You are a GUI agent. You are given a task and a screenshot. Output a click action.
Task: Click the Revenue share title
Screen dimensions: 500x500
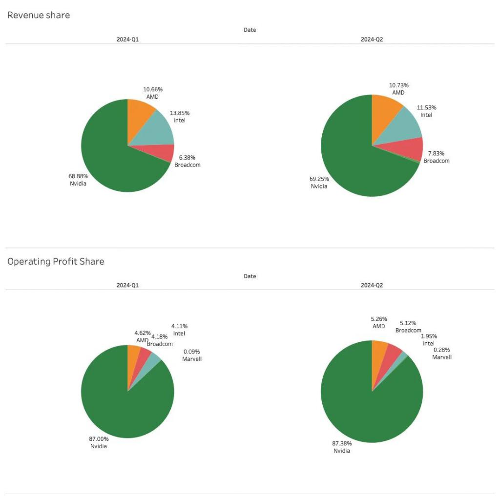pos(39,15)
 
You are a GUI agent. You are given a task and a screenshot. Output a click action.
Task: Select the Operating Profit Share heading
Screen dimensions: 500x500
pos(56,261)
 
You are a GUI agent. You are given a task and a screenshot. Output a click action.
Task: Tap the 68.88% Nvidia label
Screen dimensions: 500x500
pos(78,180)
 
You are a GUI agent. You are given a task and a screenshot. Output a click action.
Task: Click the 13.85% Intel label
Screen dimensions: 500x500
pos(179,116)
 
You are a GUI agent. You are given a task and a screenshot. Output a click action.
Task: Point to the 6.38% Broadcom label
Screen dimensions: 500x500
pos(187,161)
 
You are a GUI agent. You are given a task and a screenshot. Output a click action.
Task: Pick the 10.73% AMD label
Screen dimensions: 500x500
pos(398,89)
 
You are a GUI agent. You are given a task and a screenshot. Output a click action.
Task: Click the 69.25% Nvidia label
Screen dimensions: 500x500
pos(319,182)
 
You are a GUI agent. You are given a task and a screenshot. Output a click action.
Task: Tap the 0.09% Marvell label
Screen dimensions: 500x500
pos(192,355)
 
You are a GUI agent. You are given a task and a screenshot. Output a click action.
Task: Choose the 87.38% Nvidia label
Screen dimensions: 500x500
pos(342,447)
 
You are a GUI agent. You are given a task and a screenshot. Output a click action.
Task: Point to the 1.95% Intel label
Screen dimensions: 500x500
pos(429,340)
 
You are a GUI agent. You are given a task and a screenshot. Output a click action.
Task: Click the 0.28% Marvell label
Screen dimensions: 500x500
pos(442,353)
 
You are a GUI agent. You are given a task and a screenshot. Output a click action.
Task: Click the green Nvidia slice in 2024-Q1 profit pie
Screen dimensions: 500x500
pos(122,405)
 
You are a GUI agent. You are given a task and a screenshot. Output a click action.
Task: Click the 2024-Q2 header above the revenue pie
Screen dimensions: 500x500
pos(372,39)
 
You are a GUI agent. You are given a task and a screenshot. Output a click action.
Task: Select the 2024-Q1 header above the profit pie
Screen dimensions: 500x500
pos(127,285)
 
